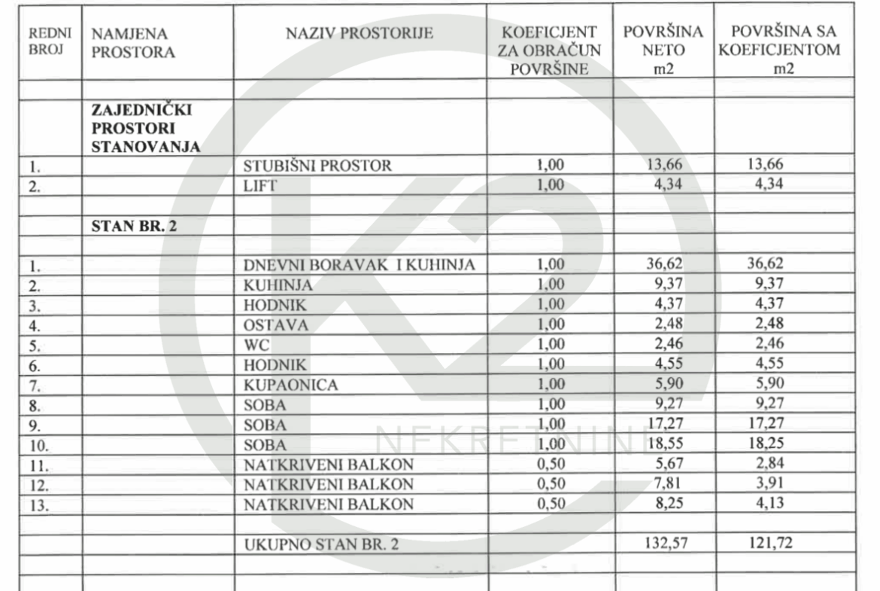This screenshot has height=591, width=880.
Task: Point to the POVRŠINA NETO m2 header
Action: click(x=663, y=51)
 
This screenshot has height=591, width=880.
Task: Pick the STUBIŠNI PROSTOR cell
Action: click(x=317, y=167)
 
